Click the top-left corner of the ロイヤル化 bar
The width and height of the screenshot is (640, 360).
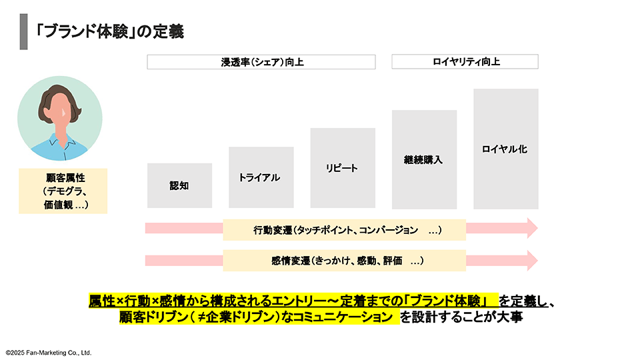pos(473,89)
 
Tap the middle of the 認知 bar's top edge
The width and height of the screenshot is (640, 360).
pos(179,163)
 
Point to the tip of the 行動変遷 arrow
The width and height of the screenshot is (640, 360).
pos(538,228)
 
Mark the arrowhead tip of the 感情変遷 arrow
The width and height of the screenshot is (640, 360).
pos(538,261)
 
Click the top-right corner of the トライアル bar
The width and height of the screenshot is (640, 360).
pos(294,147)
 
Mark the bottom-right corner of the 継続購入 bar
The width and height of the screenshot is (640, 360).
pos(457,209)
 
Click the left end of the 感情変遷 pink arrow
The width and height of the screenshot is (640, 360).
pos(145,261)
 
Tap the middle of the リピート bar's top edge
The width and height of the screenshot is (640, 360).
pos(343,128)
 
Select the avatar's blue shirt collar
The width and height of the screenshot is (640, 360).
pos(61,143)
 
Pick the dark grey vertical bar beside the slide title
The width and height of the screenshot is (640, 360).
pos(24,32)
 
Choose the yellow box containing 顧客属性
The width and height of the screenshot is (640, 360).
pos(63,191)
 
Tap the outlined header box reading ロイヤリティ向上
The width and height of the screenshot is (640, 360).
pos(465,61)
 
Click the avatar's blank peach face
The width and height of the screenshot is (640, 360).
pos(61,110)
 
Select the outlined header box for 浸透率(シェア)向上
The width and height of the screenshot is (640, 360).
pos(261,62)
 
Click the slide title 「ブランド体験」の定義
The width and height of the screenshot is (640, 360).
pos(109,31)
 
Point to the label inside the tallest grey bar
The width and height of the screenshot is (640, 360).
pos(505,149)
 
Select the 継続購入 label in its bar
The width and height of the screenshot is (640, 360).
pos(423,159)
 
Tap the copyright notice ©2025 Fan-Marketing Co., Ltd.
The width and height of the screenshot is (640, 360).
pos(49,353)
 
